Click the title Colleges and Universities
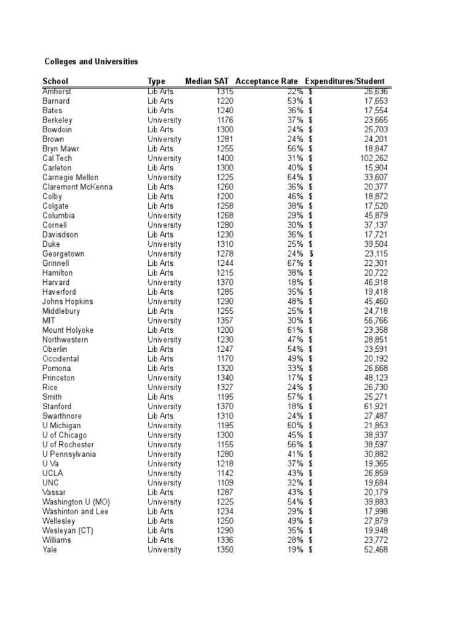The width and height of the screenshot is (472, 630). click(92, 62)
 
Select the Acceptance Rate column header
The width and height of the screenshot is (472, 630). click(267, 81)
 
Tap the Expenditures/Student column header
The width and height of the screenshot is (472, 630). click(345, 81)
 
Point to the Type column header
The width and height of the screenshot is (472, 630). click(157, 81)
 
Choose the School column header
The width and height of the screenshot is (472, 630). click(55, 81)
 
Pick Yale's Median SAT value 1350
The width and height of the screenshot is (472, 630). click(225, 549)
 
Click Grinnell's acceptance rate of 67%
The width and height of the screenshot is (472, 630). click(296, 263)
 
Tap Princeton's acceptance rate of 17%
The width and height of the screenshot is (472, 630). click(296, 378)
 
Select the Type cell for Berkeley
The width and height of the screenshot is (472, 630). click(164, 121)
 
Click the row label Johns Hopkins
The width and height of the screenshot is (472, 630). click(68, 301)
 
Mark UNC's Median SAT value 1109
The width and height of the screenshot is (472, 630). click(225, 483)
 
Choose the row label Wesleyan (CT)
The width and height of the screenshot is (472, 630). click(68, 530)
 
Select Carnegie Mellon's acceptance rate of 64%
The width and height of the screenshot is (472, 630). click(296, 178)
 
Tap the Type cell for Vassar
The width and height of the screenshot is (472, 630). click(160, 492)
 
